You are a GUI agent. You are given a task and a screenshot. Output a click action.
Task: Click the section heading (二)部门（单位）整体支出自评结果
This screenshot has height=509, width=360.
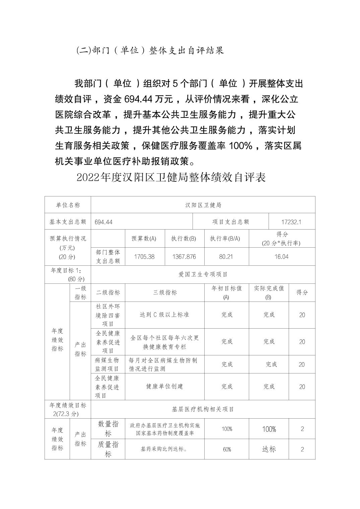click(x=150, y=51)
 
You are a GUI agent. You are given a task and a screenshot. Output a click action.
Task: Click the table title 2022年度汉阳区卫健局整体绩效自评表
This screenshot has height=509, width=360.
click(x=171, y=177)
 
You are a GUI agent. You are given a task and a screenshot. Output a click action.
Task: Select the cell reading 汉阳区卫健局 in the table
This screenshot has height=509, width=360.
click(x=203, y=205)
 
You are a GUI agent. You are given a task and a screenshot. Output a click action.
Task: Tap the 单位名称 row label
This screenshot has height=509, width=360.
click(x=68, y=205)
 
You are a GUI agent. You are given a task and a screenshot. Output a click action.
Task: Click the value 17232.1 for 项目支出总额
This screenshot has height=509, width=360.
click(x=292, y=222)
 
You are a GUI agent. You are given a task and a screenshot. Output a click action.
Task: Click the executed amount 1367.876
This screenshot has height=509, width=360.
click(x=184, y=257)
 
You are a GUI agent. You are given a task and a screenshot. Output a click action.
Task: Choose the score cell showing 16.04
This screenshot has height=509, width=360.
click(x=281, y=257)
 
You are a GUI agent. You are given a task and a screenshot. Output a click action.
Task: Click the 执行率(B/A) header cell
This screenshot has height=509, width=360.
click(x=225, y=239)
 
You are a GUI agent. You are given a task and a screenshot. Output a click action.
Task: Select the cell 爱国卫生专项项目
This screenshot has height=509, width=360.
click(x=203, y=274)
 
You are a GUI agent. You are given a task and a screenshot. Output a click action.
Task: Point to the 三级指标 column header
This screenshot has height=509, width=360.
click(x=165, y=292)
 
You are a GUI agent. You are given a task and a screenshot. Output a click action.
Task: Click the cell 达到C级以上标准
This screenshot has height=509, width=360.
click(x=164, y=315)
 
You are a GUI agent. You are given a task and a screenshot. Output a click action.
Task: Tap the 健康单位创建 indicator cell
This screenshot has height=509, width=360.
click(x=165, y=387)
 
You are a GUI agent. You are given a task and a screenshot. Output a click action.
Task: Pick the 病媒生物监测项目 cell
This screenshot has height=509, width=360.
click(x=107, y=364)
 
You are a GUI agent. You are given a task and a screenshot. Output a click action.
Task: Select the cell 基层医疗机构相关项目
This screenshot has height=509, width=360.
click(x=203, y=409)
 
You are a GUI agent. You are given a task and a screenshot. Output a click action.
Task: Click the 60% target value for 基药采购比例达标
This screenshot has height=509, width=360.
click(x=227, y=449)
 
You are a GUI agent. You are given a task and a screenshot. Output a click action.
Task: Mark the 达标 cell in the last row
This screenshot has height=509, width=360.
click(x=269, y=449)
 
